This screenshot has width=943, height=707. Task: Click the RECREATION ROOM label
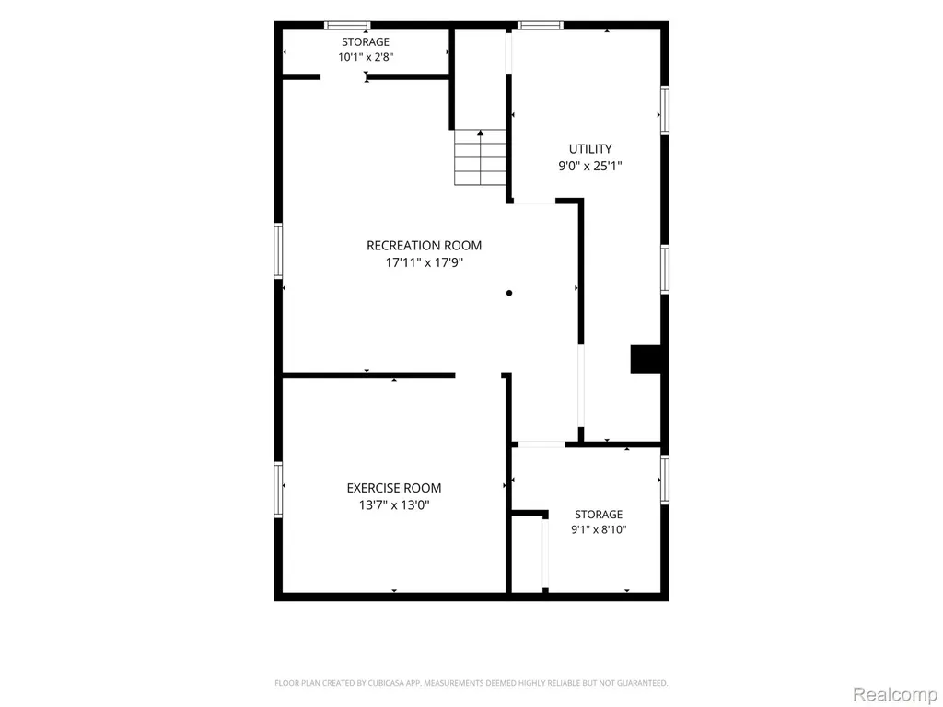[424, 245]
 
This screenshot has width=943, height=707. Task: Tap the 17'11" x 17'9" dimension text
[424, 262]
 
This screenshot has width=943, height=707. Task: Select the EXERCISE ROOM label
[394, 488]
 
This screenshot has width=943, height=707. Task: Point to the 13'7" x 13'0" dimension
[394, 505]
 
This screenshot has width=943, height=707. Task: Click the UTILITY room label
[590, 149]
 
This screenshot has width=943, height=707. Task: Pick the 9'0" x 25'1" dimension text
[590, 166]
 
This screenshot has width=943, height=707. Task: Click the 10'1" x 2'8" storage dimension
[366, 57]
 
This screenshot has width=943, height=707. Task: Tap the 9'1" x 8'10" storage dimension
[599, 529]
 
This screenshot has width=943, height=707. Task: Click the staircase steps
[480, 156]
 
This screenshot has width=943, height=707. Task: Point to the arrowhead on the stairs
[480, 133]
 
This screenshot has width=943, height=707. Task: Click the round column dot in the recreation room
[509, 293]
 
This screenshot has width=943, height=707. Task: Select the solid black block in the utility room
[646, 359]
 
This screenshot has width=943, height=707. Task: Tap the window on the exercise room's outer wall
[278, 490]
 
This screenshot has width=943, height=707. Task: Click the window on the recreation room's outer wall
[278, 250]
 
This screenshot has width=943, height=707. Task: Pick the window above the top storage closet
[347, 25]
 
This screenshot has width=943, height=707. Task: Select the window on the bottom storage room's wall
[665, 480]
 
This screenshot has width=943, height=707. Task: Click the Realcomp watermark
[894, 694]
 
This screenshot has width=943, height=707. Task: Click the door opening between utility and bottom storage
[541, 445]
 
